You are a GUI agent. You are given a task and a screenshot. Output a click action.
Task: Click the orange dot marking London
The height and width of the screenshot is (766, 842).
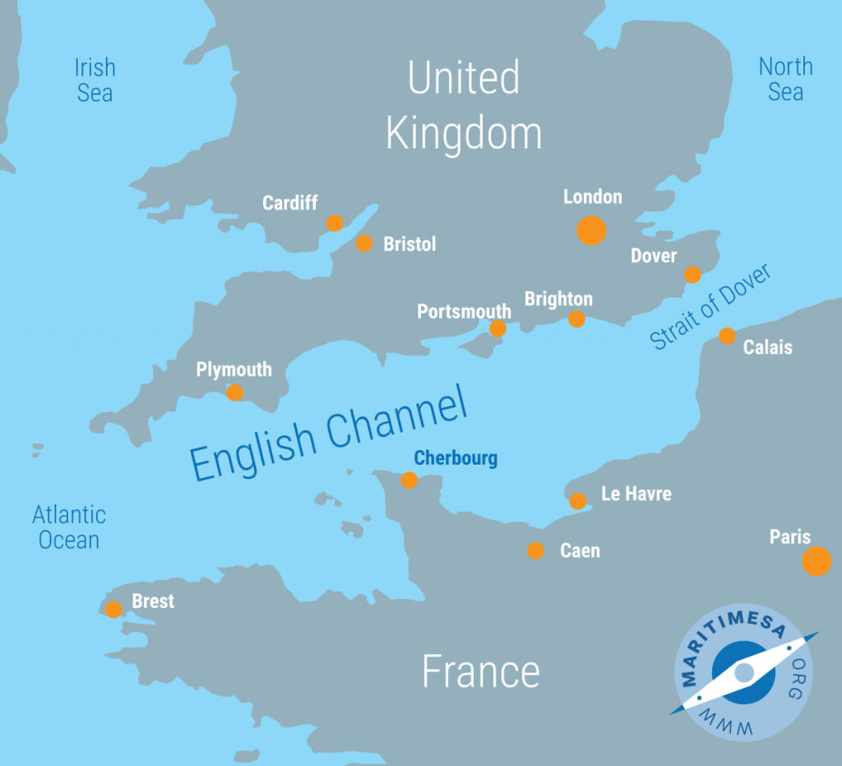point(591,230)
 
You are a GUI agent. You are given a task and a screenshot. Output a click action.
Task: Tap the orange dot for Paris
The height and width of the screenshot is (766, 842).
point(817,561)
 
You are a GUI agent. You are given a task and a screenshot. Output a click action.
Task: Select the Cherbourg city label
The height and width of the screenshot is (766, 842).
point(456,458)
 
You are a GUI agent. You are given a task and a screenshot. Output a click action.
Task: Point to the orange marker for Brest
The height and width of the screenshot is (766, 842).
point(113,610)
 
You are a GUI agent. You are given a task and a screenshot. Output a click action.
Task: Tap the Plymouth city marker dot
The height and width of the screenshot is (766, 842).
point(234,392)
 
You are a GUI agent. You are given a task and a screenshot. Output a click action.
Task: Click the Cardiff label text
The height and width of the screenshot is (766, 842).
point(289,202)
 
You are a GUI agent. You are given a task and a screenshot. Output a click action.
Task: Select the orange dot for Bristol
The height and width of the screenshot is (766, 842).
point(364,243)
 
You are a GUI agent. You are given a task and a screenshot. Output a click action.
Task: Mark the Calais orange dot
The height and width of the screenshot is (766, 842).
point(727,335)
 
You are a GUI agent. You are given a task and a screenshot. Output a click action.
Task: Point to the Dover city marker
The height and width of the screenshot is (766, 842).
point(692,274)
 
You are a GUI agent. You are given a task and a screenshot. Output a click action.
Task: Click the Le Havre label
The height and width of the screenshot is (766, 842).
point(636,494)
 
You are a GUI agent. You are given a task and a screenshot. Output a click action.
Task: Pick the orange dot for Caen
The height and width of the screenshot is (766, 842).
point(535,550)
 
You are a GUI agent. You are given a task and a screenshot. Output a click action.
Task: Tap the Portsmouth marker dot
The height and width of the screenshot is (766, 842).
point(497,328)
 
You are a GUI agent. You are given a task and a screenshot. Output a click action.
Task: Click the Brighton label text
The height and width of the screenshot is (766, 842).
point(558,299)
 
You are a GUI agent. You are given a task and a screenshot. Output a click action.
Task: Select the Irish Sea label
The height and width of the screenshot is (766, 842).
point(95,80)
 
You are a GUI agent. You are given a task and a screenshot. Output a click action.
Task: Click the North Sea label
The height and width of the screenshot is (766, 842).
point(785,79)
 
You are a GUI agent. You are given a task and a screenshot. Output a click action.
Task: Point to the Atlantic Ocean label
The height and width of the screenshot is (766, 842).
point(69,527)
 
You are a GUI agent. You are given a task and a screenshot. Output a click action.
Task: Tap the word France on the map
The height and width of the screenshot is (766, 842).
point(480,671)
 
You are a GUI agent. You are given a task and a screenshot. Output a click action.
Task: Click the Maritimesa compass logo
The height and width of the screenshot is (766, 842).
point(744,673)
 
